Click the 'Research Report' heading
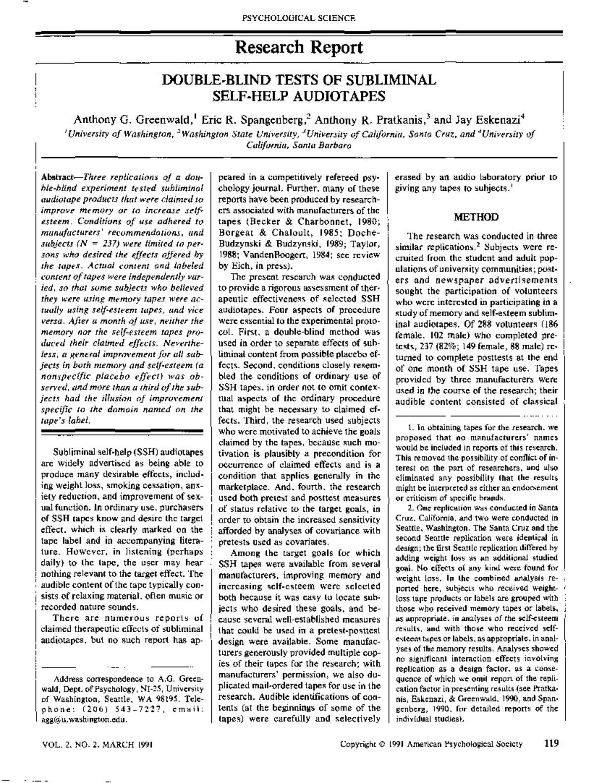299,47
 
